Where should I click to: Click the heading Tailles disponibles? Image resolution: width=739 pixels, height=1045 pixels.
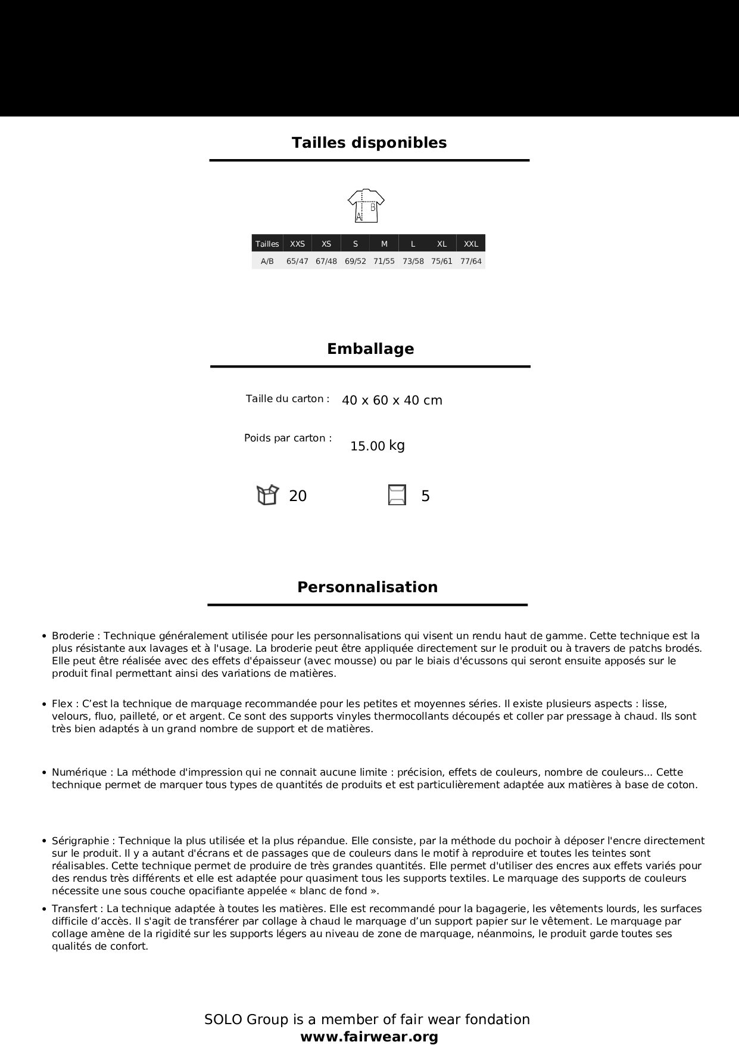[369, 143]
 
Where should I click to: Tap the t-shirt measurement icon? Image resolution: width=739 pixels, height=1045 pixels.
[366, 206]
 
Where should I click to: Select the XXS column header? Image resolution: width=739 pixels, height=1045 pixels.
[297, 244]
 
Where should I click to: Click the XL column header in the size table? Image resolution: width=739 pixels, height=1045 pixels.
[442, 244]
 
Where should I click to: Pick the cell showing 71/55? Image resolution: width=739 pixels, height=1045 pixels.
[384, 262]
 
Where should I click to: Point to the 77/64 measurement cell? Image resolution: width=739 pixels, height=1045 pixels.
[471, 262]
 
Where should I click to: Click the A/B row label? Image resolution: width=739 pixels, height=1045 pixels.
[267, 262]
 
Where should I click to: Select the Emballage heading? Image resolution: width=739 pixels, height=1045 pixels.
[370, 349]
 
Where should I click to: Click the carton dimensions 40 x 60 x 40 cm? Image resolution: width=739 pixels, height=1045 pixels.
[392, 400]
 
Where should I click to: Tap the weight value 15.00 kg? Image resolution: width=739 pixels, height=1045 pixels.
[377, 446]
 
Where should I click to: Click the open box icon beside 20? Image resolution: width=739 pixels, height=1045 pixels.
[267, 495]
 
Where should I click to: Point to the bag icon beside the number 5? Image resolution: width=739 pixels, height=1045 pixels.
[397, 495]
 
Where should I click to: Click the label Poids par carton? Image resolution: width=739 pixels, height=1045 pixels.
[288, 438]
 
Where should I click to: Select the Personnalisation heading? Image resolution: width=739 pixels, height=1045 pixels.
[367, 587]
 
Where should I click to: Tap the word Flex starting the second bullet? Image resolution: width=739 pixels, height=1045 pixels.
[62, 704]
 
